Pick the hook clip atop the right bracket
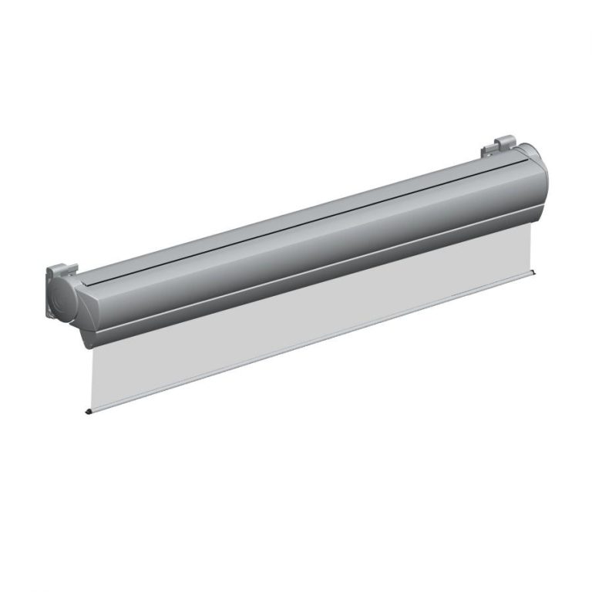tap(505, 141)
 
